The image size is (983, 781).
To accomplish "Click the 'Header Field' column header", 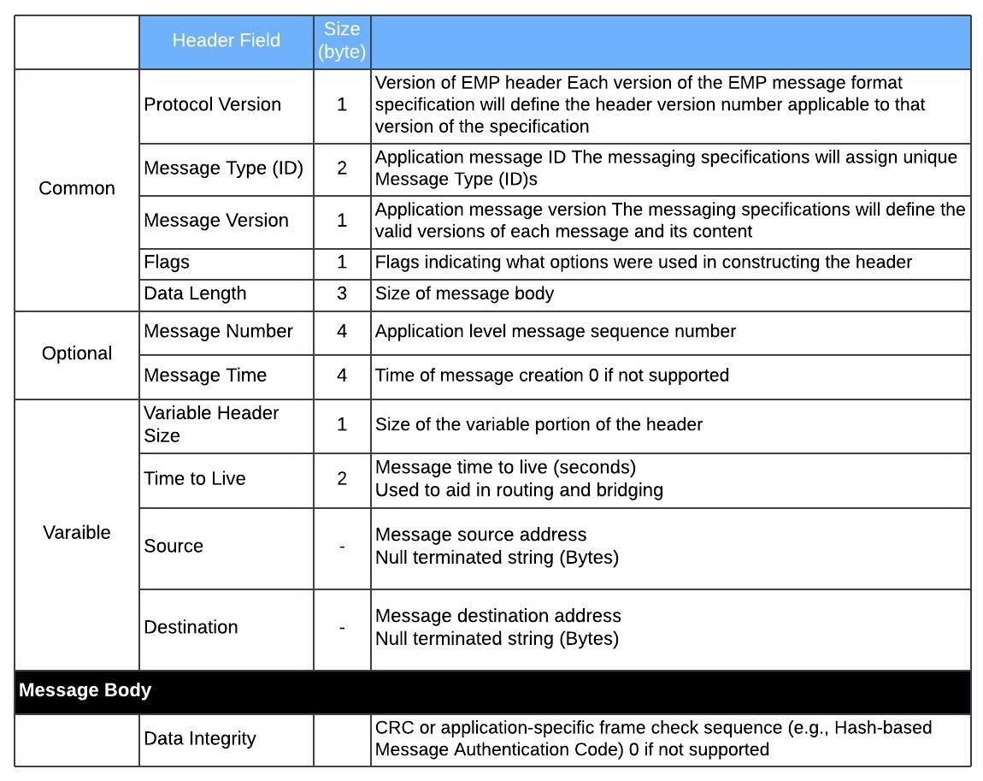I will (x=226, y=41).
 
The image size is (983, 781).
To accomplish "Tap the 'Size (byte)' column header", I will (x=342, y=41).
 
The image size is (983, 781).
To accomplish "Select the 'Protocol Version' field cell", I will (x=213, y=104).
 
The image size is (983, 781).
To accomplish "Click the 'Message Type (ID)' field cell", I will (x=223, y=168).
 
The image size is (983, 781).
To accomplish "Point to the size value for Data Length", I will (x=342, y=293).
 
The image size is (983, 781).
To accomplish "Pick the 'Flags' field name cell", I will (x=167, y=263).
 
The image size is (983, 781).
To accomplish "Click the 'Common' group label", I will (x=77, y=188).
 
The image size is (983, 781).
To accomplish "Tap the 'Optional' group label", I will (x=77, y=353).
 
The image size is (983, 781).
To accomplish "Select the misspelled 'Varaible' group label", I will (x=77, y=532).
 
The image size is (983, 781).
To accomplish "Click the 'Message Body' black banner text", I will (x=85, y=690).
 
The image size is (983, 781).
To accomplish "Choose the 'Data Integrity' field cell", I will (x=199, y=738).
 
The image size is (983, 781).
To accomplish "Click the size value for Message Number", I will (x=342, y=331).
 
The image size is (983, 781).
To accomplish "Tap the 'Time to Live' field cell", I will (x=195, y=479).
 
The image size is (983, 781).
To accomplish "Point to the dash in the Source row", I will (x=342, y=547).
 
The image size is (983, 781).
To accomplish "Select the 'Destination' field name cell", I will (x=191, y=627).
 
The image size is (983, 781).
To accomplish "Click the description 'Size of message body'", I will (x=464, y=293).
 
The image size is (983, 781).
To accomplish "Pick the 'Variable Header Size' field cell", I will (x=211, y=424).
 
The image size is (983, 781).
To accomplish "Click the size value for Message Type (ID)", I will (x=342, y=168).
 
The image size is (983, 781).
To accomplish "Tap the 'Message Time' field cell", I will (x=205, y=376).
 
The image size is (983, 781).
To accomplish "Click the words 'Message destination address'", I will (x=498, y=616).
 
